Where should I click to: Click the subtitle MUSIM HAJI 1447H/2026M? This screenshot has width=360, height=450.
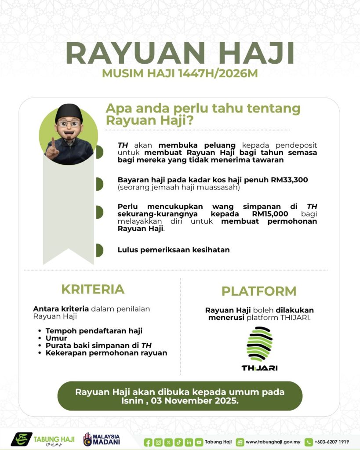tap(180, 73)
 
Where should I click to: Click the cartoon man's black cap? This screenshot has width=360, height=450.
tap(69, 112)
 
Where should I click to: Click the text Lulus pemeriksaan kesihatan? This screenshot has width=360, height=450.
tap(174, 250)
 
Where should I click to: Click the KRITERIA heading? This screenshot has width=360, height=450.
tap(93, 289)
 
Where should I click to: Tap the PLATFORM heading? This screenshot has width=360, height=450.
tap(258, 291)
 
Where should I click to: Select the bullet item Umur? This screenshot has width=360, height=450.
tap(56, 338)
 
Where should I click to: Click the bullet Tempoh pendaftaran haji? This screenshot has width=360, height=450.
tap(94, 330)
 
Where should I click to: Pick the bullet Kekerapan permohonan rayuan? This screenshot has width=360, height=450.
tap(106, 353)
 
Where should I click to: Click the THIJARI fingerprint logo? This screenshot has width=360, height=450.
tap(259, 345)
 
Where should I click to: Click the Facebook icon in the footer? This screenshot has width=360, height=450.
tap(148, 442)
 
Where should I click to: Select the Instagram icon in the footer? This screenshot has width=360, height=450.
tap(158, 442)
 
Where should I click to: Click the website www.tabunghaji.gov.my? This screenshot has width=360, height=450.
tap(273, 442)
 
